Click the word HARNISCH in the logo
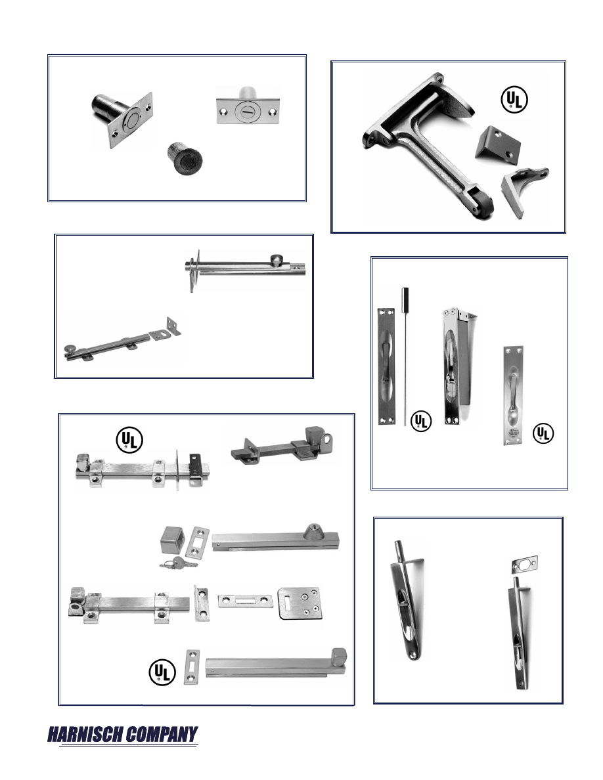point(85,734)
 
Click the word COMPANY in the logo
point(161,734)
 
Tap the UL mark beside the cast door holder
point(514,100)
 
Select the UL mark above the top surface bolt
point(129,440)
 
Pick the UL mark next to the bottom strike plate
point(162,672)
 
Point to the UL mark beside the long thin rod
point(421,421)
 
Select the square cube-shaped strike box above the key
point(173,541)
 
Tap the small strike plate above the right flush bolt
point(524,564)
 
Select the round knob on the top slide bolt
point(276,259)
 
